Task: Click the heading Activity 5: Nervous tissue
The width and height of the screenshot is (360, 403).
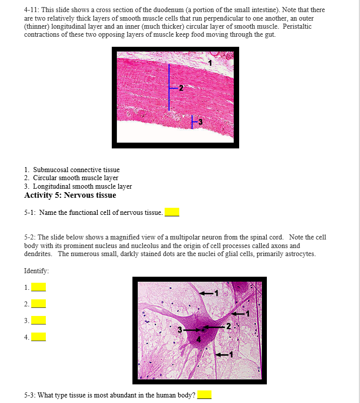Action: point(70,195)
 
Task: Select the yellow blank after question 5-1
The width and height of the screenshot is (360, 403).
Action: point(172,212)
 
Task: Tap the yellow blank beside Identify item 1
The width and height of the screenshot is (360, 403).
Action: point(38,287)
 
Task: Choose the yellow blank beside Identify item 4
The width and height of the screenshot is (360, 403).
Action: point(38,337)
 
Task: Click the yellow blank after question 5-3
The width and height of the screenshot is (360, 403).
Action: point(204,395)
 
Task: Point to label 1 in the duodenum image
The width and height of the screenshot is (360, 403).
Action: point(210,63)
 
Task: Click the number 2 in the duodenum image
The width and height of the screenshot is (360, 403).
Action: point(181,89)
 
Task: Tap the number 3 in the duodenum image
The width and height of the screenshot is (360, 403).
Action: point(200,122)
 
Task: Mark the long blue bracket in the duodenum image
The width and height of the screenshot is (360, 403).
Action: point(169,88)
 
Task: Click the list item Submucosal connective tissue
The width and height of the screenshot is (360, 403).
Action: point(76,170)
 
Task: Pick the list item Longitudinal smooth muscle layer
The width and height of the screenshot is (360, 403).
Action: point(82,186)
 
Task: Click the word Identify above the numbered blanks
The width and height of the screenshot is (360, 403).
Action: point(36,271)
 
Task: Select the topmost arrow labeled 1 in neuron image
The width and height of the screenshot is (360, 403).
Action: point(206,292)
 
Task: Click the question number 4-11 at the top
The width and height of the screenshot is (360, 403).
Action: point(33,10)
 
